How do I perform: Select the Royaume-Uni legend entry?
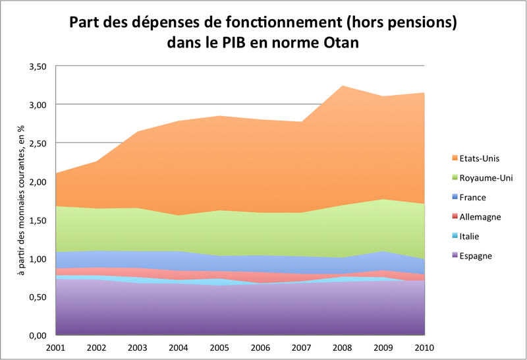click(x=482, y=178)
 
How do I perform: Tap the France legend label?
click(x=474, y=197)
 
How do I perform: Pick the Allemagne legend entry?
click(x=480, y=217)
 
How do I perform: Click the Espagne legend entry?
click(x=476, y=255)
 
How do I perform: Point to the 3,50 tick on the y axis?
click(x=38, y=67)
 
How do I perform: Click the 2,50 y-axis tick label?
click(x=38, y=143)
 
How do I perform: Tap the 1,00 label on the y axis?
click(x=38, y=258)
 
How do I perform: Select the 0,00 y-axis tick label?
click(x=38, y=336)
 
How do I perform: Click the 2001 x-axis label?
click(x=56, y=347)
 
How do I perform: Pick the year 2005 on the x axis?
click(x=220, y=347)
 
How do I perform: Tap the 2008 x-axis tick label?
click(x=343, y=347)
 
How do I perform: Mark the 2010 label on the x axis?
click(x=425, y=347)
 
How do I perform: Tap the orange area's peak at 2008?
click(x=343, y=86)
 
